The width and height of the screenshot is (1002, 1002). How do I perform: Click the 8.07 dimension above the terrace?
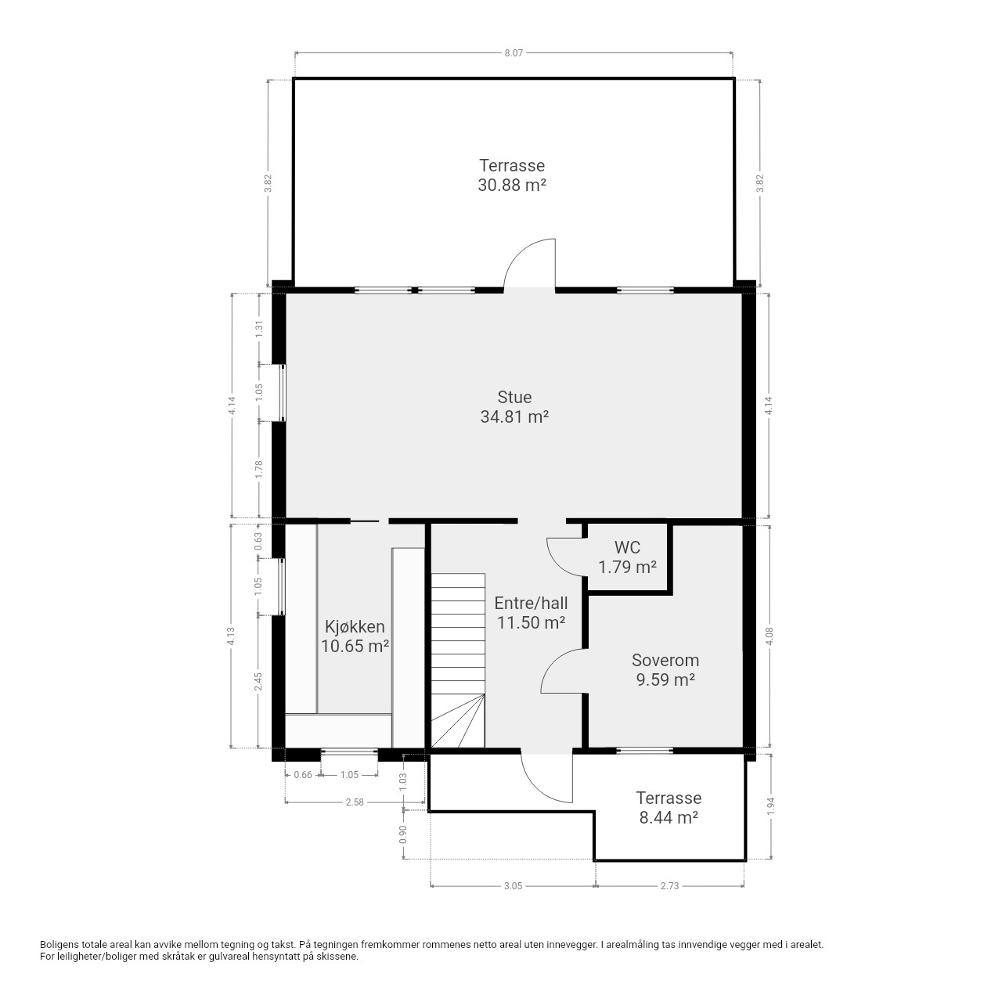coord(514,52)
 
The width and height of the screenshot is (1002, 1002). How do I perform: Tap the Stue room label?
coord(514,397)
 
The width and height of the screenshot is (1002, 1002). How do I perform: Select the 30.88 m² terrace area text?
coord(512,185)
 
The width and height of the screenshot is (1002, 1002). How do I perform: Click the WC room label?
coord(627,547)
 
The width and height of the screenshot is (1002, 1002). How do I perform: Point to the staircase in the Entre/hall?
coord(458,661)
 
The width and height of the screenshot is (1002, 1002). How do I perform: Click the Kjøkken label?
coord(355,626)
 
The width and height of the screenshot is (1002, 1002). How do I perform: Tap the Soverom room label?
coord(665,661)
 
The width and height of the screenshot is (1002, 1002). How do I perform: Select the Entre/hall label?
coord(531,604)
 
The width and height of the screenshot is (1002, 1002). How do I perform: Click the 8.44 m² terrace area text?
coord(669,817)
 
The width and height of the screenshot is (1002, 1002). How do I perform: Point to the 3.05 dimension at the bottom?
coord(514,886)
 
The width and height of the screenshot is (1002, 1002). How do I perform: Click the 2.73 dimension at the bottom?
coord(670,886)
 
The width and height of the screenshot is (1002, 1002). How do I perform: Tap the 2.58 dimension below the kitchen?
coord(355,802)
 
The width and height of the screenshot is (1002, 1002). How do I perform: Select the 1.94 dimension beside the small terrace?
coord(770,806)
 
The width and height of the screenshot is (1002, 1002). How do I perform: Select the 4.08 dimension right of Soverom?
coord(770,636)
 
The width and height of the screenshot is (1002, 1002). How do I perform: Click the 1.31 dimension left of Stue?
coord(259,328)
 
